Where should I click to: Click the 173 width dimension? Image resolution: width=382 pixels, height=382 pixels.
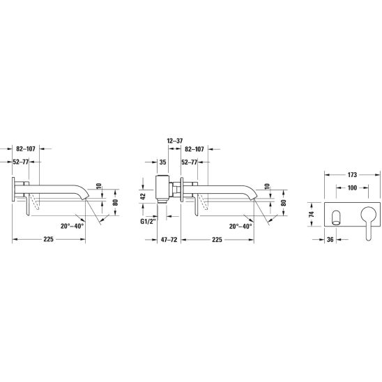[352, 175]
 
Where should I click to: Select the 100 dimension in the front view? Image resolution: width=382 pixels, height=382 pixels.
[352, 188]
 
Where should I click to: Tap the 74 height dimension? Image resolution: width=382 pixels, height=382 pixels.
[312, 214]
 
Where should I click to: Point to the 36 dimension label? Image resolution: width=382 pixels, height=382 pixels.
[330, 240]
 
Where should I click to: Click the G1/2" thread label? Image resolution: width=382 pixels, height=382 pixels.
[148, 222]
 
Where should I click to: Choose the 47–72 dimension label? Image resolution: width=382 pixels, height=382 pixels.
[169, 240]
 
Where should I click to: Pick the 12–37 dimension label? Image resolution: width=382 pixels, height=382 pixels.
[175, 141]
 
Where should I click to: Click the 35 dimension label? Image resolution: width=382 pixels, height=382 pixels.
[162, 162]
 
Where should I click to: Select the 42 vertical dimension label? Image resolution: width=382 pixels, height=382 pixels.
[144, 197]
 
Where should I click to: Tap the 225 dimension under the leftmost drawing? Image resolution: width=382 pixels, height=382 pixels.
[49, 239]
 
